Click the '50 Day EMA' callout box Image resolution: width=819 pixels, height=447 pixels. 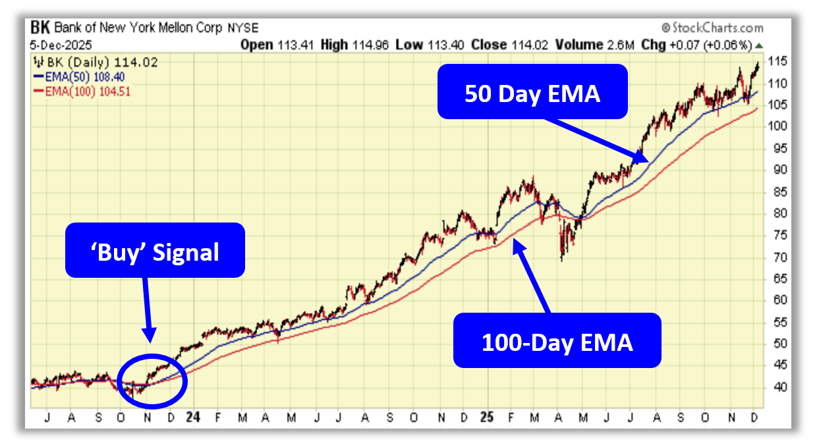532,92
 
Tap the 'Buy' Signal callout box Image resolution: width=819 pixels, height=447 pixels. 154,250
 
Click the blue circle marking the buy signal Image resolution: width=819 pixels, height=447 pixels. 152,382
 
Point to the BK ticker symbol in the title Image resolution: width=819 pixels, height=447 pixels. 40,28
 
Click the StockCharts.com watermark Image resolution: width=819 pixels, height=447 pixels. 712,28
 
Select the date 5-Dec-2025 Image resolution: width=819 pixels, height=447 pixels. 61,45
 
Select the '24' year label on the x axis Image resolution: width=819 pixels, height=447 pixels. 192,417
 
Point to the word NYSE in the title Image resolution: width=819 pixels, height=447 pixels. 243,28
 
